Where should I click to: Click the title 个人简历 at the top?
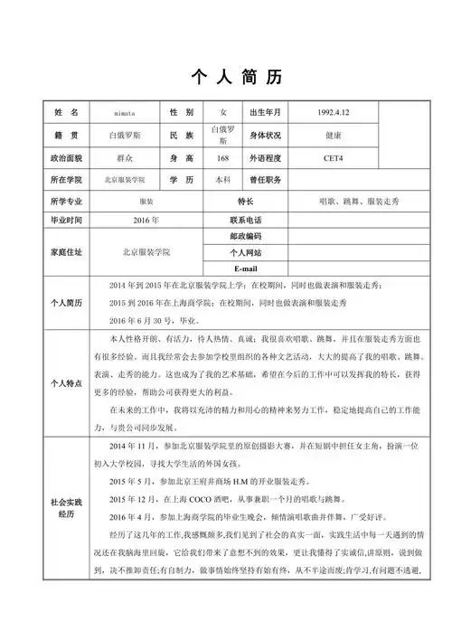(x=226, y=77)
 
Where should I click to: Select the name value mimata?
(x=126, y=112)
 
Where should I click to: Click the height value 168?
(x=222, y=158)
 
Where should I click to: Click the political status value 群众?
(x=126, y=158)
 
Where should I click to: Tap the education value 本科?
(x=222, y=180)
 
